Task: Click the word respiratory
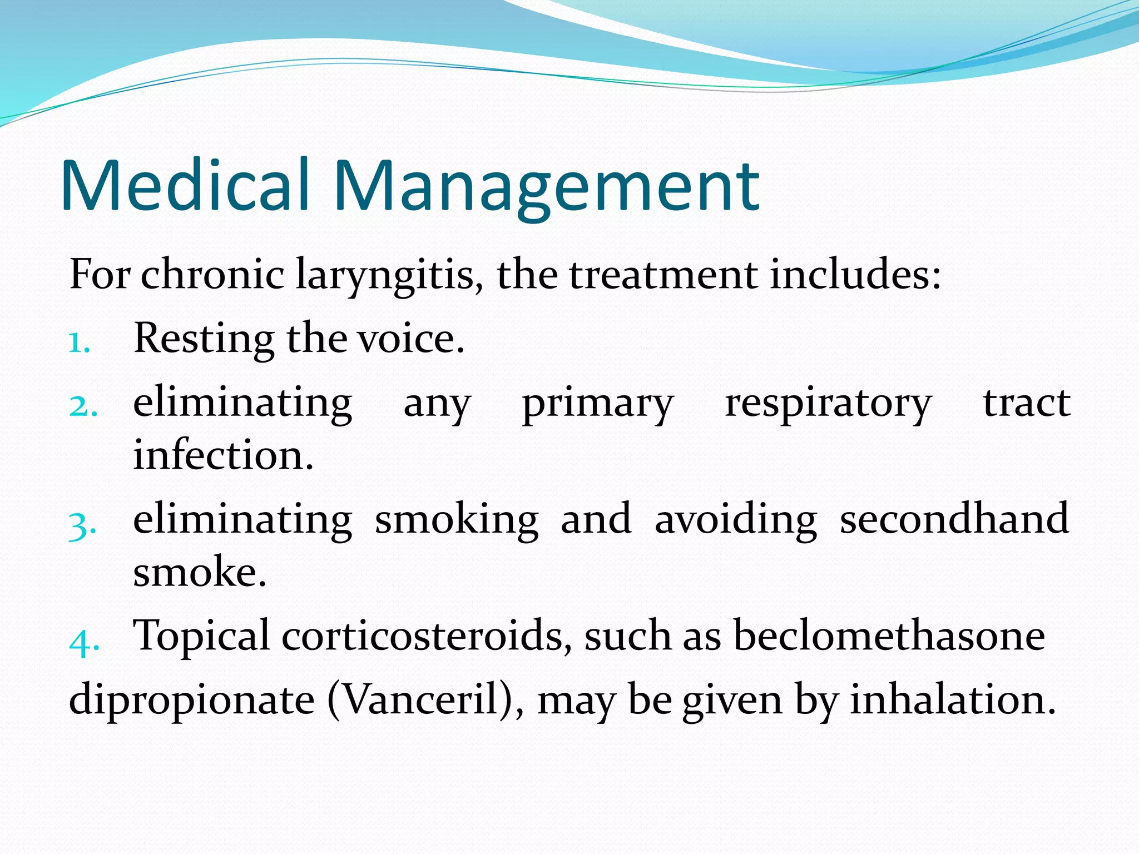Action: coord(828,404)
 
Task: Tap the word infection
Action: coord(223,455)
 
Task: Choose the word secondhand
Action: coord(954,519)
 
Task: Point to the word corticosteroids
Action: coord(427,636)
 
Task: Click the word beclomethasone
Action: coord(889,636)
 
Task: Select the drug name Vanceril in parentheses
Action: coord(420,699)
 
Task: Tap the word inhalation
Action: coord(952,699)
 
